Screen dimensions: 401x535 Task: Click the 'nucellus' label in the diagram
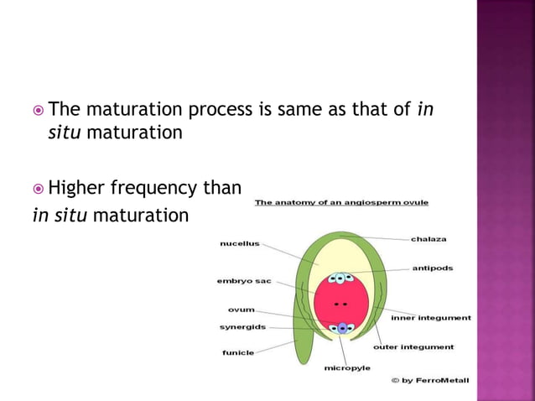[239, 244]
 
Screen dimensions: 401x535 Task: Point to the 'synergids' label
[243, 326]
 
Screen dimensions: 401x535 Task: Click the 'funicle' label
[238, 352]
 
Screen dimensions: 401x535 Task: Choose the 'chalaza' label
[429, 239]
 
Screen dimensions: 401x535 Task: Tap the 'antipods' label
[432, 268]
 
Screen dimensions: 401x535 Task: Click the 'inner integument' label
[431, 318]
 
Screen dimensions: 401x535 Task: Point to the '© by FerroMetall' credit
[430, 381]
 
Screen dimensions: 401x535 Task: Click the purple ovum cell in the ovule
[341, 328]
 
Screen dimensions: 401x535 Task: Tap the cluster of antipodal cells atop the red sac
[340, 278]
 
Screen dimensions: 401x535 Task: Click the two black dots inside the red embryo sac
[340, 302]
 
